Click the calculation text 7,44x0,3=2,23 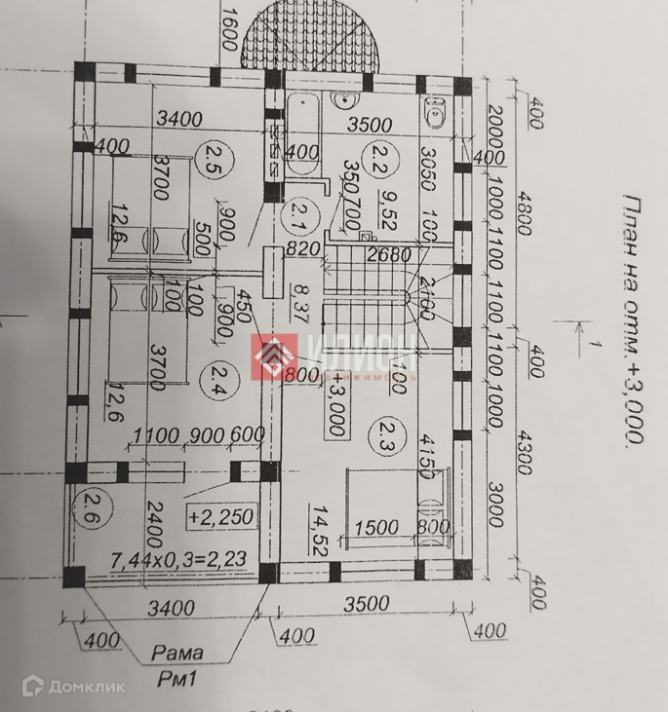tap(178, 560)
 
